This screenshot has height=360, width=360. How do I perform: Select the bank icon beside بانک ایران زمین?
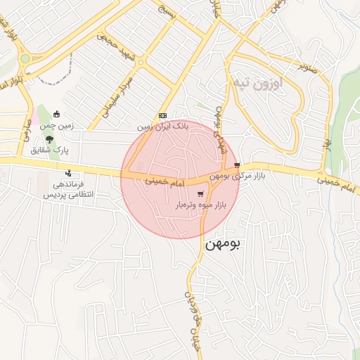tap(163, 115)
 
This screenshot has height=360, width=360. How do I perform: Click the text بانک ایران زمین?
tap(163, 127)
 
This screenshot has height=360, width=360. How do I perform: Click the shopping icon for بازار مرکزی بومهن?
tap(245, 165)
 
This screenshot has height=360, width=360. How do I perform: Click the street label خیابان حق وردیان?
tap(192, 309)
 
